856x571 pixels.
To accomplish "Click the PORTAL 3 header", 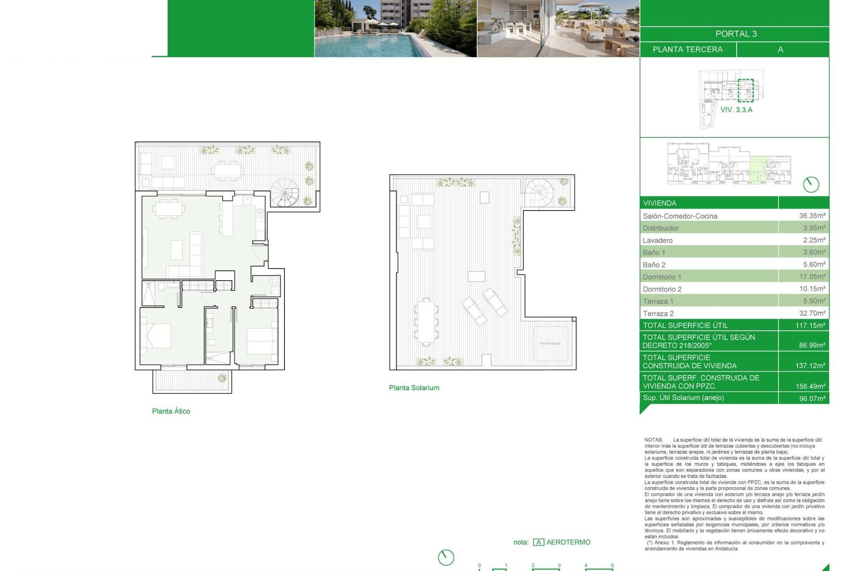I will pos(736,34).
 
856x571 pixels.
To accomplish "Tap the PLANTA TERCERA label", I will pos(687,50).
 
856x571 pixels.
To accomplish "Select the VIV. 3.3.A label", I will pos(736,110).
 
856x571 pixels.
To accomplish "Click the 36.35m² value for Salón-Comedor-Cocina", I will pos(812,215).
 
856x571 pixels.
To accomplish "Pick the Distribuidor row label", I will pos(660,228).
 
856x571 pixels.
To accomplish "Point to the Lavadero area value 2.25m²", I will pos(813,240).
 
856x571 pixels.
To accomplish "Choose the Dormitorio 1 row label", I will pos(662,277).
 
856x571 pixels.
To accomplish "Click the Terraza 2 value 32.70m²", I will pos(812,313).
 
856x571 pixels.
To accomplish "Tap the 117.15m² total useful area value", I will pos(810,326).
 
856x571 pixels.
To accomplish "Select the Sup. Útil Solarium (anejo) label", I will pos(683,397).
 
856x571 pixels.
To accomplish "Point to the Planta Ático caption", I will pos(171,411).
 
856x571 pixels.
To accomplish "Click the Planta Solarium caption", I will pos(414,388).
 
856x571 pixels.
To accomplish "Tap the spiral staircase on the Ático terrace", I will pos(286,193).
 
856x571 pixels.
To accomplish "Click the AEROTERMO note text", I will pos(568,542).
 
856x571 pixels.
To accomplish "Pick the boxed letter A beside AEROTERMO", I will pos(538,542).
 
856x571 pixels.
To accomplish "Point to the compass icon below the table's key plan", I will pos(811,184).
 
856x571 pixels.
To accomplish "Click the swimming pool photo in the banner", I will pos(395,29).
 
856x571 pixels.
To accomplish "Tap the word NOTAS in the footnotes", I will pos(653,440).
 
